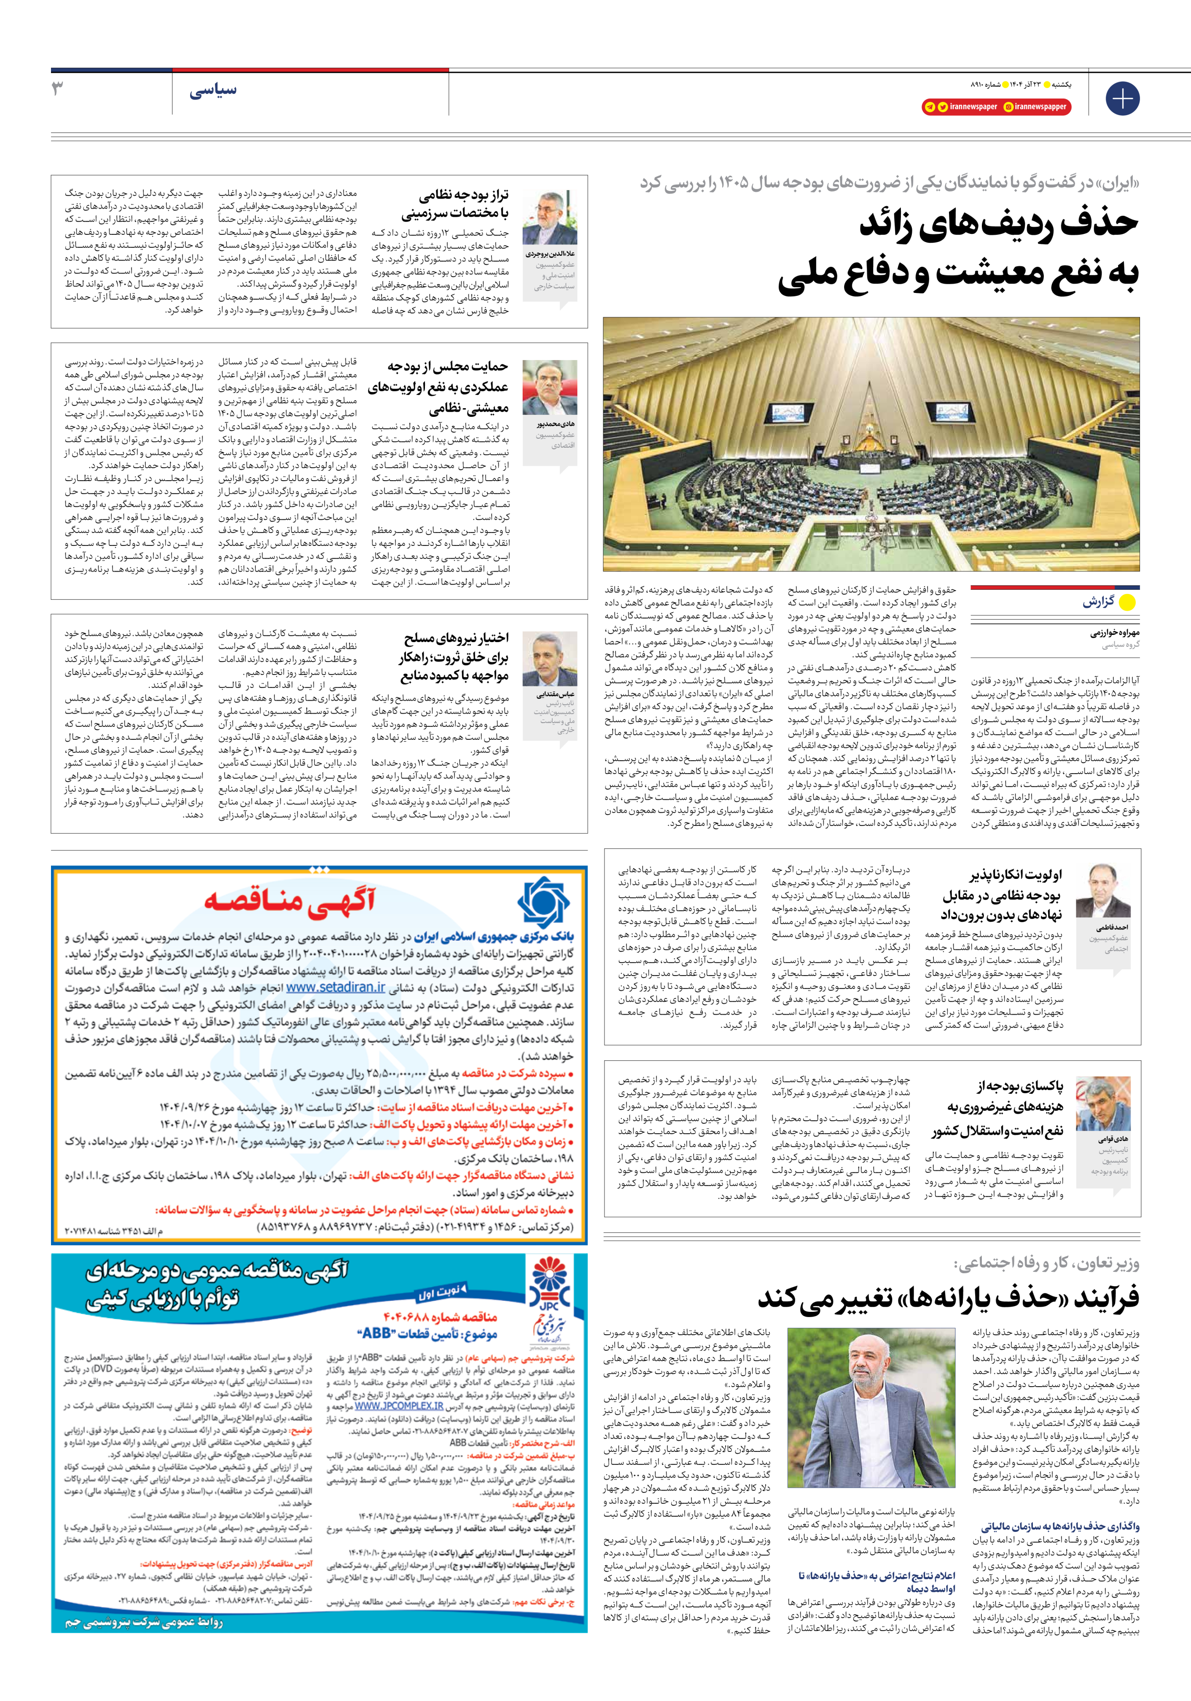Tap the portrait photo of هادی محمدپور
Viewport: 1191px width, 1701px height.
tap(549, 387)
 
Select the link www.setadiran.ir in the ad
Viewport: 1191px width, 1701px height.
tap(336, 987)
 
